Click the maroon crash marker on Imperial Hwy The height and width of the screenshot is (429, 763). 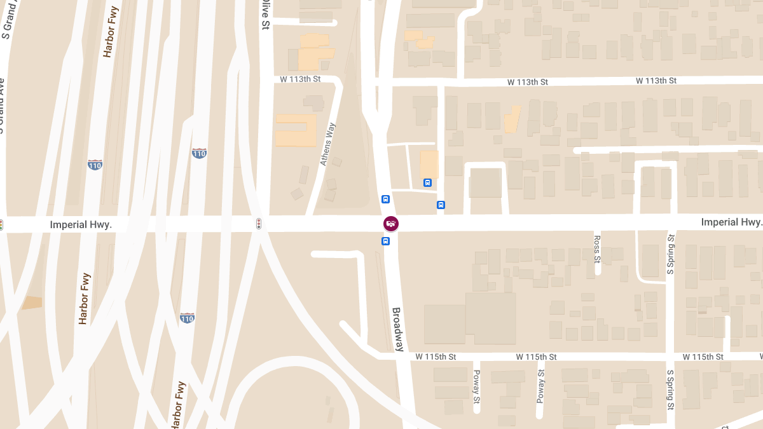(391, 223)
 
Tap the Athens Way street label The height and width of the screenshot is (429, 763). (327, 145)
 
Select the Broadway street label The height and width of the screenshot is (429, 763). (397, 329)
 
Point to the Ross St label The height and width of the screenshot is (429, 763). (597, 249)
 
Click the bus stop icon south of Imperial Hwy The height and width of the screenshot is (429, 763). (385, 241)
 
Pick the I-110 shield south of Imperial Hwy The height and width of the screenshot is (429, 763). (187, 317)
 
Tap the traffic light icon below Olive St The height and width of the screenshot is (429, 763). (258, 223)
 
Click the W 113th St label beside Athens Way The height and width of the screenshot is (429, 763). (300, 79)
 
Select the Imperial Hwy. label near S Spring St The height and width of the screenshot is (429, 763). (731, 222)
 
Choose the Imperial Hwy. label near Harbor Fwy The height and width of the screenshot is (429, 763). (81, 224)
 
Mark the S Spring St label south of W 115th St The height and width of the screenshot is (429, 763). (670, 389)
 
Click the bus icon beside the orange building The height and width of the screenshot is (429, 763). (427, 182)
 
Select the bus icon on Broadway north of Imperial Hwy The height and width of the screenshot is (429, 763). (385, 199)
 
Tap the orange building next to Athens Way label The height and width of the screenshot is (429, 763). (295, 130)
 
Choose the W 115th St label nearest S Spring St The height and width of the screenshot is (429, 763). (703, 357)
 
